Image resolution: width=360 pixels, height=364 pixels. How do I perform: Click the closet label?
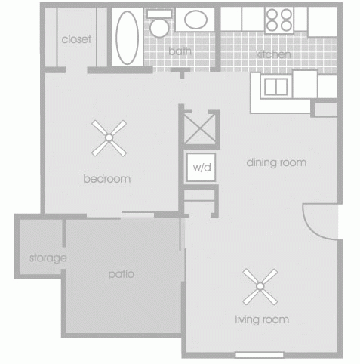76,39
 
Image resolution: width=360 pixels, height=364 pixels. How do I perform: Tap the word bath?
180,51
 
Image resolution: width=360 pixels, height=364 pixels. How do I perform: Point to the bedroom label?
107,180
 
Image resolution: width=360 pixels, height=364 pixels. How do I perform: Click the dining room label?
277,162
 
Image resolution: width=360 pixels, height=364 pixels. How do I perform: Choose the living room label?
262,319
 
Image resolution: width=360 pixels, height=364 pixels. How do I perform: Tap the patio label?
121,273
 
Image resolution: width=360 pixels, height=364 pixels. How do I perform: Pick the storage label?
48,258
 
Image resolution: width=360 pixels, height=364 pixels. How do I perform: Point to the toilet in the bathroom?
159,26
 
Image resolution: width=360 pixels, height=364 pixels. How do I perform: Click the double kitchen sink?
275,86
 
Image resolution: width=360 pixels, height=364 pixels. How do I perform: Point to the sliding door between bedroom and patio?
135,216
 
